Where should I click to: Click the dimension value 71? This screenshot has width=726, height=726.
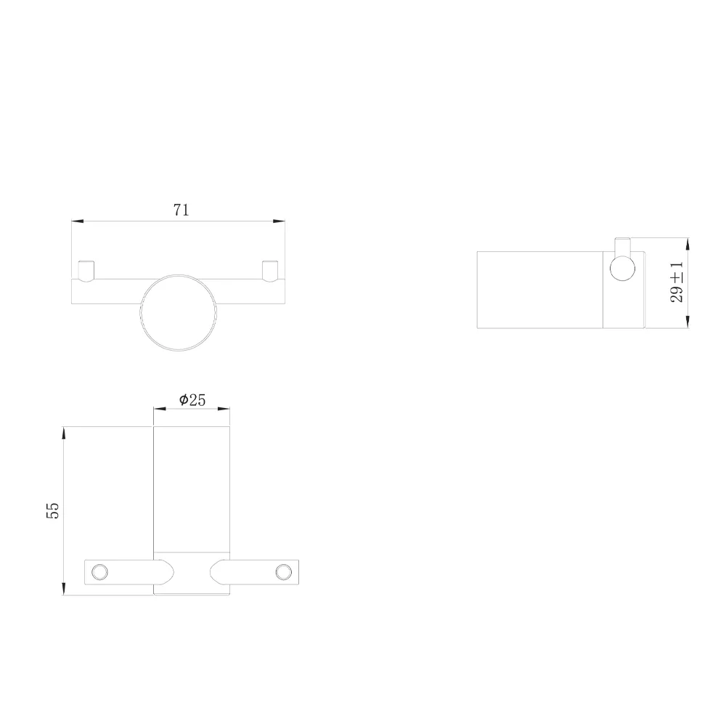pyautogui.click(x=181, y=211)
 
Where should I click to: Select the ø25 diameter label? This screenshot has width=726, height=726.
pyautogui.click(x=192, y=399)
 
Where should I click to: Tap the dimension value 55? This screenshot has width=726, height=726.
pyautogui.click(x=52, y=510)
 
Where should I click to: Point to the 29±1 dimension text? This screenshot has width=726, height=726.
pyautogui.click(x=677, y=283)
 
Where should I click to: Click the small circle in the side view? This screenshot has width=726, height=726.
pyautogui.click(x=622, y=269)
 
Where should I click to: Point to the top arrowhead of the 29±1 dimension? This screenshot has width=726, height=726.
pyautogui.click(x=687, y=245)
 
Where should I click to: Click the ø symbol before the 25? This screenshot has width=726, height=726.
pyautogui.click(x=184, y=399)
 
